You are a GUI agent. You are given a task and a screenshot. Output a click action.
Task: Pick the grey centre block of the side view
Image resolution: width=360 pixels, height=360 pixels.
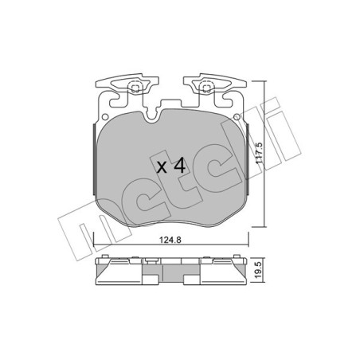coord(170,275)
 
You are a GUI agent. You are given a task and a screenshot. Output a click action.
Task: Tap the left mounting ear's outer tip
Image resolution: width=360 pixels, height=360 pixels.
coord(97,82)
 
